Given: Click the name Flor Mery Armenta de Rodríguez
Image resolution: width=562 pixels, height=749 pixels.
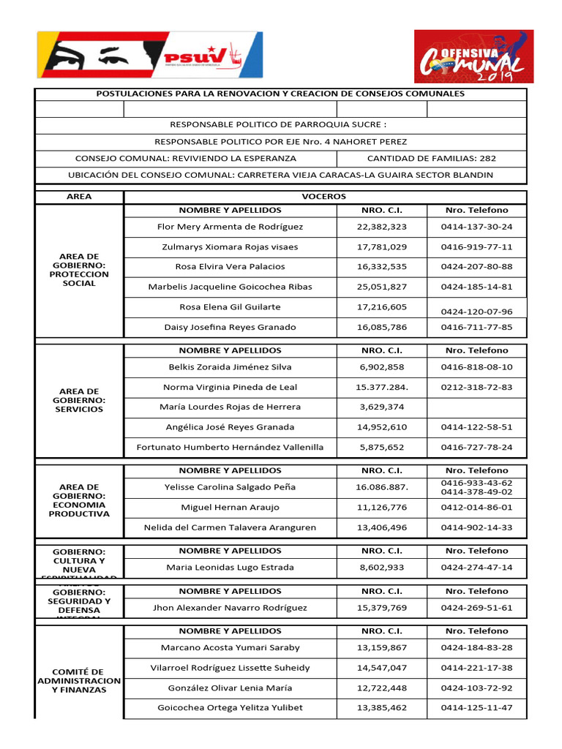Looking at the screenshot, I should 230,227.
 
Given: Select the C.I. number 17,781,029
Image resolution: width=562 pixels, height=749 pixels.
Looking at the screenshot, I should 381,246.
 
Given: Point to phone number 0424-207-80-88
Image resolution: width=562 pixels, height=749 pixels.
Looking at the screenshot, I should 476,266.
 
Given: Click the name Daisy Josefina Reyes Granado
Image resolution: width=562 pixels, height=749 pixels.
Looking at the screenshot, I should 230,327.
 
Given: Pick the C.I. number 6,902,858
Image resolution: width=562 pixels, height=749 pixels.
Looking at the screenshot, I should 381,366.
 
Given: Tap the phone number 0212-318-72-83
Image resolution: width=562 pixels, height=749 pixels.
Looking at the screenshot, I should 476,387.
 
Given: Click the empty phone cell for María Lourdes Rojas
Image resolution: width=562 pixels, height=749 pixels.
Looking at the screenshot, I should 476,407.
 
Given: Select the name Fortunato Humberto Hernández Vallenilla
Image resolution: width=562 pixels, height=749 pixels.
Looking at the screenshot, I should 230,447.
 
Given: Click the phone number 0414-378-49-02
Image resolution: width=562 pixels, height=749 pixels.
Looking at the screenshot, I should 476,492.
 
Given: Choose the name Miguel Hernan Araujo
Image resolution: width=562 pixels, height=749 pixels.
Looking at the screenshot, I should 230,507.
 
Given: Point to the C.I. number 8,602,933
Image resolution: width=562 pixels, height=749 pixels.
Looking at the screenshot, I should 381,567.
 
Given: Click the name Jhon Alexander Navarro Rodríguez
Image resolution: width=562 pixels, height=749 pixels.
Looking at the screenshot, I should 230,607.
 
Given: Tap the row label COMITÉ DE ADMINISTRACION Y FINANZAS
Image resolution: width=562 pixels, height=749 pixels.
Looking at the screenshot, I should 78,680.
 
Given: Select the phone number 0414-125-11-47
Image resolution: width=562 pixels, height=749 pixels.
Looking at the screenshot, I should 476,707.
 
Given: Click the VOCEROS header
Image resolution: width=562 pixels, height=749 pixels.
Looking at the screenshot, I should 324,197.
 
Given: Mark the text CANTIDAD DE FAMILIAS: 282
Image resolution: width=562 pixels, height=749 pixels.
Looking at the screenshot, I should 431,158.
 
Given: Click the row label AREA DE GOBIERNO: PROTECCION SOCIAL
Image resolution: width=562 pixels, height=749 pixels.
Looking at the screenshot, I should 79,269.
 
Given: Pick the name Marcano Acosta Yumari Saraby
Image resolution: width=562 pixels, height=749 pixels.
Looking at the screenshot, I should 230,647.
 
